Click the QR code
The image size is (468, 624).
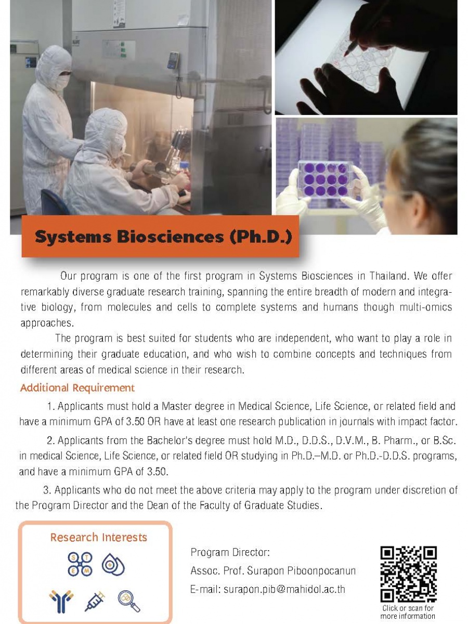coord(408,574)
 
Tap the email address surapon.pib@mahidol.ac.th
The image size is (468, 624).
coord(284,589)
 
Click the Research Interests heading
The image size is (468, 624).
coord(99,537)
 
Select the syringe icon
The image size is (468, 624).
coord(95,601)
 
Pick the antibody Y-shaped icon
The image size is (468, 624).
coord(61,602)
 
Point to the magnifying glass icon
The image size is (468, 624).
coord(129,601)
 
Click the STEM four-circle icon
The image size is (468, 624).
coord(80,564)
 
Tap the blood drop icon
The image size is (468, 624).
coord(113,564)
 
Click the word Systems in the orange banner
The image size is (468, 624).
coord(73,237)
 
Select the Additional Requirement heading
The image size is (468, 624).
coord(77,388)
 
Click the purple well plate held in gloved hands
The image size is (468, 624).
coord(326,178)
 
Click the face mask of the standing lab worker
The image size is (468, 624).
coord(62,81)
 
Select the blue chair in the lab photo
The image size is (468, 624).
coord(54,202)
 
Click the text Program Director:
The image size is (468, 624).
coord(230,552)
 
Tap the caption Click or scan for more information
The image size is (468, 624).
coord(408,612)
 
